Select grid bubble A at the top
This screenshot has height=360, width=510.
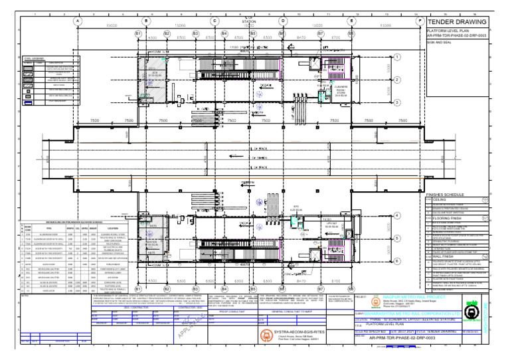[x=79, y=21]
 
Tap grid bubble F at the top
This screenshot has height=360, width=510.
[x=421, y=21]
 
